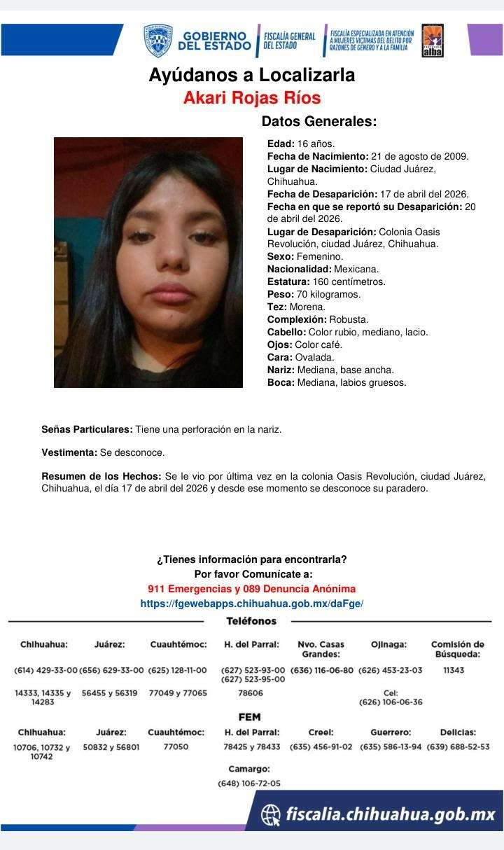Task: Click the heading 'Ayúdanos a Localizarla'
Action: click(251, 75)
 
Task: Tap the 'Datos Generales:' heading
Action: click(318, 121)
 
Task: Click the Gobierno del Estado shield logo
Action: click(157, 41)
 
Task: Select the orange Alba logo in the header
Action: click(432, 41)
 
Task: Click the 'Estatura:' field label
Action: click(288, 281)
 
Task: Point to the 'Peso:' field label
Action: click(281, 294)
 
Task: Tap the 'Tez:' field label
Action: click(277, 307)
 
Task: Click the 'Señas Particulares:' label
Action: click(87, 429)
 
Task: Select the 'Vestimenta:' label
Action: click(69, 453)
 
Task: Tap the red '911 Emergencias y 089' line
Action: click(251, 589)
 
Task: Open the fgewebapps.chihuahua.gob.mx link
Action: click(251, 603)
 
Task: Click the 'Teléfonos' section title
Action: click(251, 621)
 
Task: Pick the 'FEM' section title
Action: click(250, 717)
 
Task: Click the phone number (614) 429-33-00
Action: click(45, 670)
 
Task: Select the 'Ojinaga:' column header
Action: click(388, 644)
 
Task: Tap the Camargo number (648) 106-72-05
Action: click(249, 783)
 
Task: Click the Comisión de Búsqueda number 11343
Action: click(454, 670)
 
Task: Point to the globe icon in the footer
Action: click(270, 814)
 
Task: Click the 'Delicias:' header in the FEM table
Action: click(458, 732)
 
